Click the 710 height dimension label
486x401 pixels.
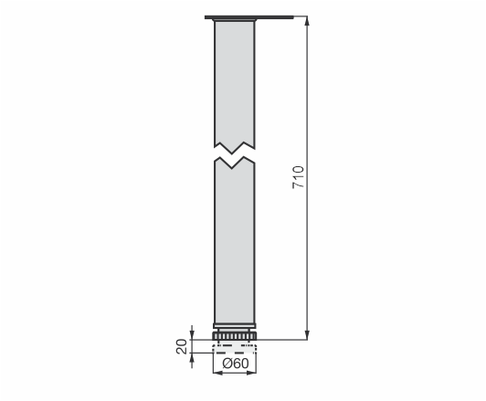[x=299, y=177]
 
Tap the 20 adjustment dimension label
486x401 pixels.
[x=182, y=346]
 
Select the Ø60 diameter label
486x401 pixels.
[x=236, y=364]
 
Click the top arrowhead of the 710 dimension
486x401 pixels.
[x=307, y=20]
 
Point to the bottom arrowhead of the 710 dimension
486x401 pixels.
[x=307, y=335]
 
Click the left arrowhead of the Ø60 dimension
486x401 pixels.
[x=217, y=373]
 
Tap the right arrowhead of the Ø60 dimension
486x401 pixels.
[x=252, y=373]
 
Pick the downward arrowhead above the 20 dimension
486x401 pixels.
[x=192, y=335]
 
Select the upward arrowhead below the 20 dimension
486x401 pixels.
[x=192, y=357]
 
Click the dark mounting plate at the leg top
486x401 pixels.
[x=248, y=17]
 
